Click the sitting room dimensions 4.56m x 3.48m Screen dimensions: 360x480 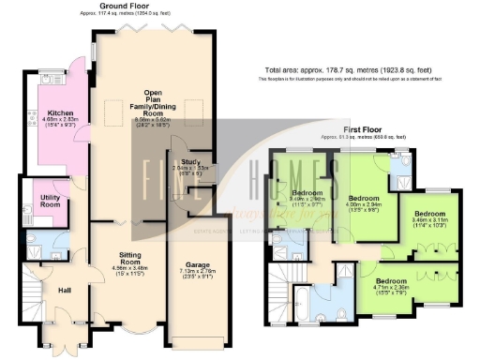point(127,270)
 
